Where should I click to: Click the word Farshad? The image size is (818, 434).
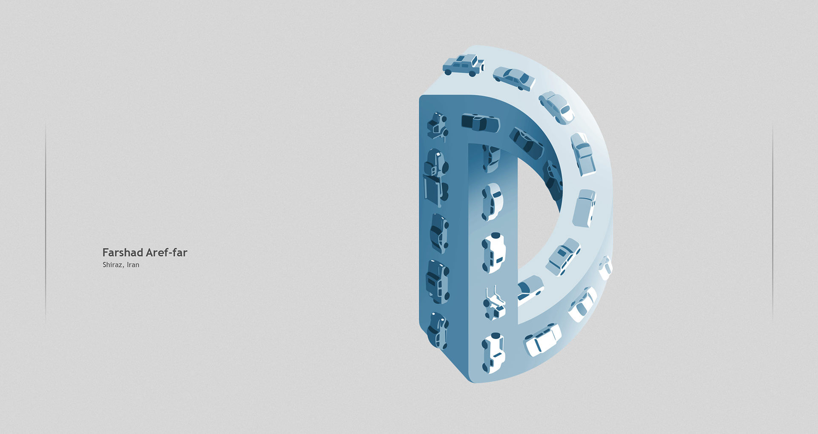123,252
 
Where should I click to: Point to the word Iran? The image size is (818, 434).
133,265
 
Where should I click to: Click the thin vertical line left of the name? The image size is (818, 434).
46,221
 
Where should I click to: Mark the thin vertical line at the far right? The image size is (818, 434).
772,221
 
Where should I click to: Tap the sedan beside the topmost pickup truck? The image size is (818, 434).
514,79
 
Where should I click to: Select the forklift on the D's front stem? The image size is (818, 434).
495,303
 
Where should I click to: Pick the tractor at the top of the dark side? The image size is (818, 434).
438,126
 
